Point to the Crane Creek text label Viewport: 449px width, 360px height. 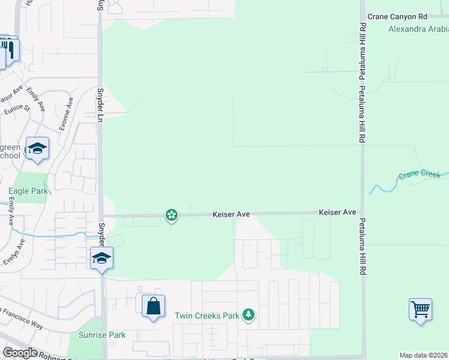click(419, 175)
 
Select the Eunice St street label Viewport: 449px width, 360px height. click(17, 107)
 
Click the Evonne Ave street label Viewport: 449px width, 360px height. click(67, 112)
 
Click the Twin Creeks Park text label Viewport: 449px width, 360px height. click(206, 315)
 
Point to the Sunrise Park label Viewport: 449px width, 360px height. click(102, 335)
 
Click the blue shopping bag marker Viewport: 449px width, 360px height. click(154, 306)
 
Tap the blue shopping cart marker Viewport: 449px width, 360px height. click(421, 310)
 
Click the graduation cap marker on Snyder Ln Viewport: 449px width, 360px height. click(101, 259)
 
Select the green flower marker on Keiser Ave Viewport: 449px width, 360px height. click(172, 214)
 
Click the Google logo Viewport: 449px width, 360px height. click(20, 353)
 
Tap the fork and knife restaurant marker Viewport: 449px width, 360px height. click(11, 50)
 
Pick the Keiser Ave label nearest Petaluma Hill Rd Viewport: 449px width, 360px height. click(337, 212)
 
